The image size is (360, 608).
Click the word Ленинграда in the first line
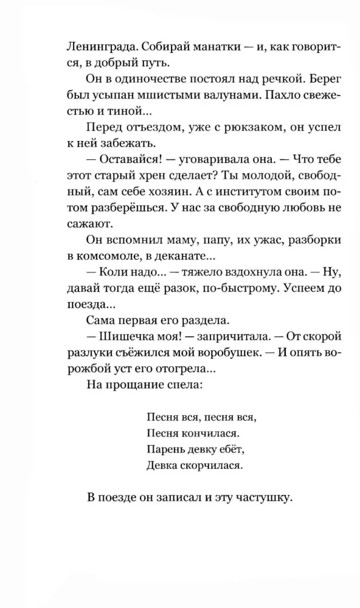[x=89, y=46]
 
